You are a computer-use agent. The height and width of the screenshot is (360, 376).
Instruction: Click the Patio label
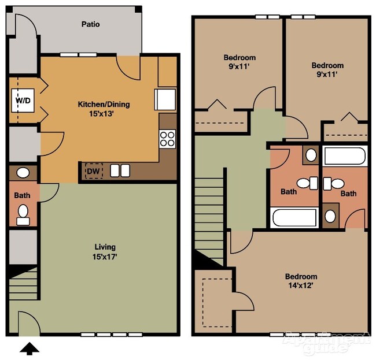point(90,24)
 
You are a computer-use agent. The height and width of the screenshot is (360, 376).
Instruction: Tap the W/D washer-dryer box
point(22,101)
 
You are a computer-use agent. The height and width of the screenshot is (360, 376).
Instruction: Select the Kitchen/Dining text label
point(104,105)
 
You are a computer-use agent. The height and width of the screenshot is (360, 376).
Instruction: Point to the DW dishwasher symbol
point(93,171)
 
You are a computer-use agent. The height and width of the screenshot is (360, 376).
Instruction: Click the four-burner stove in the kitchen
point(167,139)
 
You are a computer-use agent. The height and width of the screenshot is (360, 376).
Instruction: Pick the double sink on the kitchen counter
point(120,170)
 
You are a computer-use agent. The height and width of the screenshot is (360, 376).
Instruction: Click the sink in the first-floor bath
point(24,173)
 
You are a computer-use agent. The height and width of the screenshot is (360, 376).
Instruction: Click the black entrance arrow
point(30,348)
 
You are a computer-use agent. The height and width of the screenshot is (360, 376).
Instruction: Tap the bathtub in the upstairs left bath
point(294,218)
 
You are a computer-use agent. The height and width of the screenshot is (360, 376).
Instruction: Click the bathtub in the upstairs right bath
point(345,156)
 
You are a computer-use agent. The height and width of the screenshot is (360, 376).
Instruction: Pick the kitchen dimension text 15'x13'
point(104,114)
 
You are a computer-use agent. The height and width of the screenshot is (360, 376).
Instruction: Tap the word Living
point(104,247)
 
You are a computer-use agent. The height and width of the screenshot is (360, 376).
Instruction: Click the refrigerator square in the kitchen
point(165,99)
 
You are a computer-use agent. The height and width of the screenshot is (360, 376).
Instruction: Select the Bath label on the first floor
point(21,195)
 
